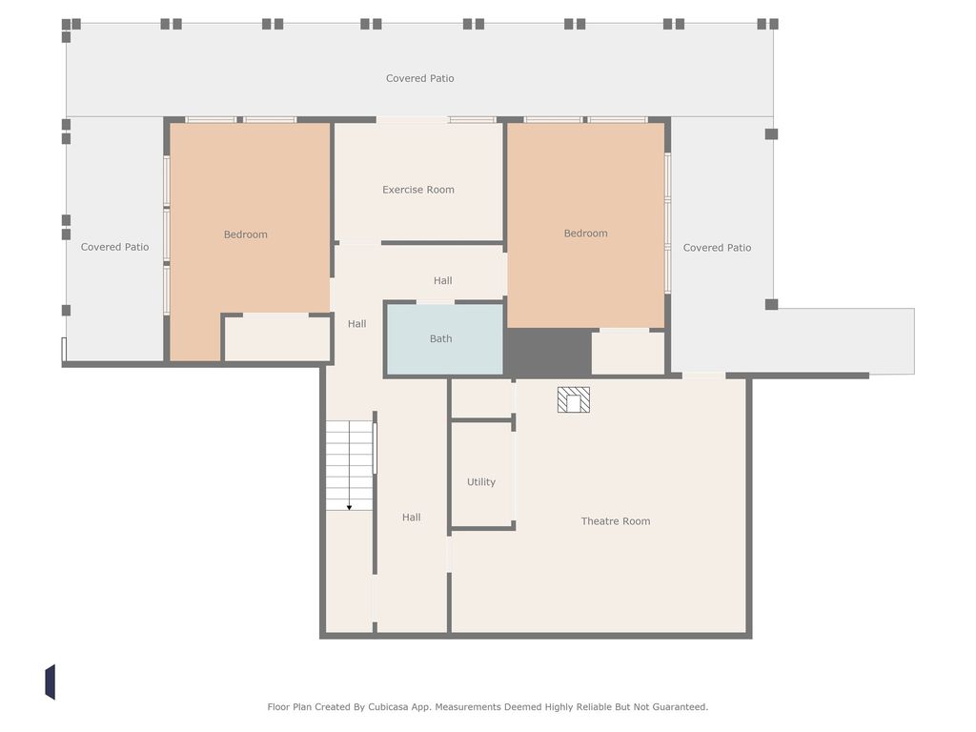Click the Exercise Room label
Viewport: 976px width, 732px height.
tap(418, 190)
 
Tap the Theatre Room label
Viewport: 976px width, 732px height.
tap(616, 521)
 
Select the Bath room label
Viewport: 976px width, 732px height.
tap(440, 338)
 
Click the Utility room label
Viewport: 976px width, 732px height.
tap(481, 481)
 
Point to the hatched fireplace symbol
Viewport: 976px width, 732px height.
tap(573, 399)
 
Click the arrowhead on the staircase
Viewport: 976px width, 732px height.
tap(349, 508)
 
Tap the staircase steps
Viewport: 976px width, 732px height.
tap(349, 465)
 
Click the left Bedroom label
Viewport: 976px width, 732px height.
tap(245, 234)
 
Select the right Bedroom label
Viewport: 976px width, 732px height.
tap(586, 233)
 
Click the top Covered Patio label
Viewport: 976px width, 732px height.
tap(419, 78)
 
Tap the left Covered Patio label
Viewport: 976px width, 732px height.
tap(114, 247)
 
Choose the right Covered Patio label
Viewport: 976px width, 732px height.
tap(717, 247)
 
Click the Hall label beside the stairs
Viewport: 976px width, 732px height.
tap(411, 517)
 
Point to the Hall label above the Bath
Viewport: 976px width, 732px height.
tap(442, 280)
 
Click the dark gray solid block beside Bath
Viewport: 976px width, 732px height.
tap(548, 352)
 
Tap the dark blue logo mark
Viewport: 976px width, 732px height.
tap(50, 682)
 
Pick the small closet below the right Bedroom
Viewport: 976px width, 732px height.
tap(627, 353)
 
